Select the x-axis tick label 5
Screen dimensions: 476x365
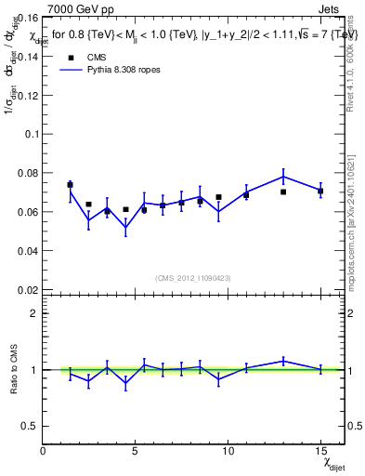[136, 451]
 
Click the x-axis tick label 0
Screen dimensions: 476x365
[43, 451]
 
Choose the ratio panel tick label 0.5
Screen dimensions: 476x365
[29, 426]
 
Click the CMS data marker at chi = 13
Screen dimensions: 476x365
[283, 192]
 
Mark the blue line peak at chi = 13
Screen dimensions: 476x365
[283, 177]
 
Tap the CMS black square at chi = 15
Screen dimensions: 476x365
[320, 191]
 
